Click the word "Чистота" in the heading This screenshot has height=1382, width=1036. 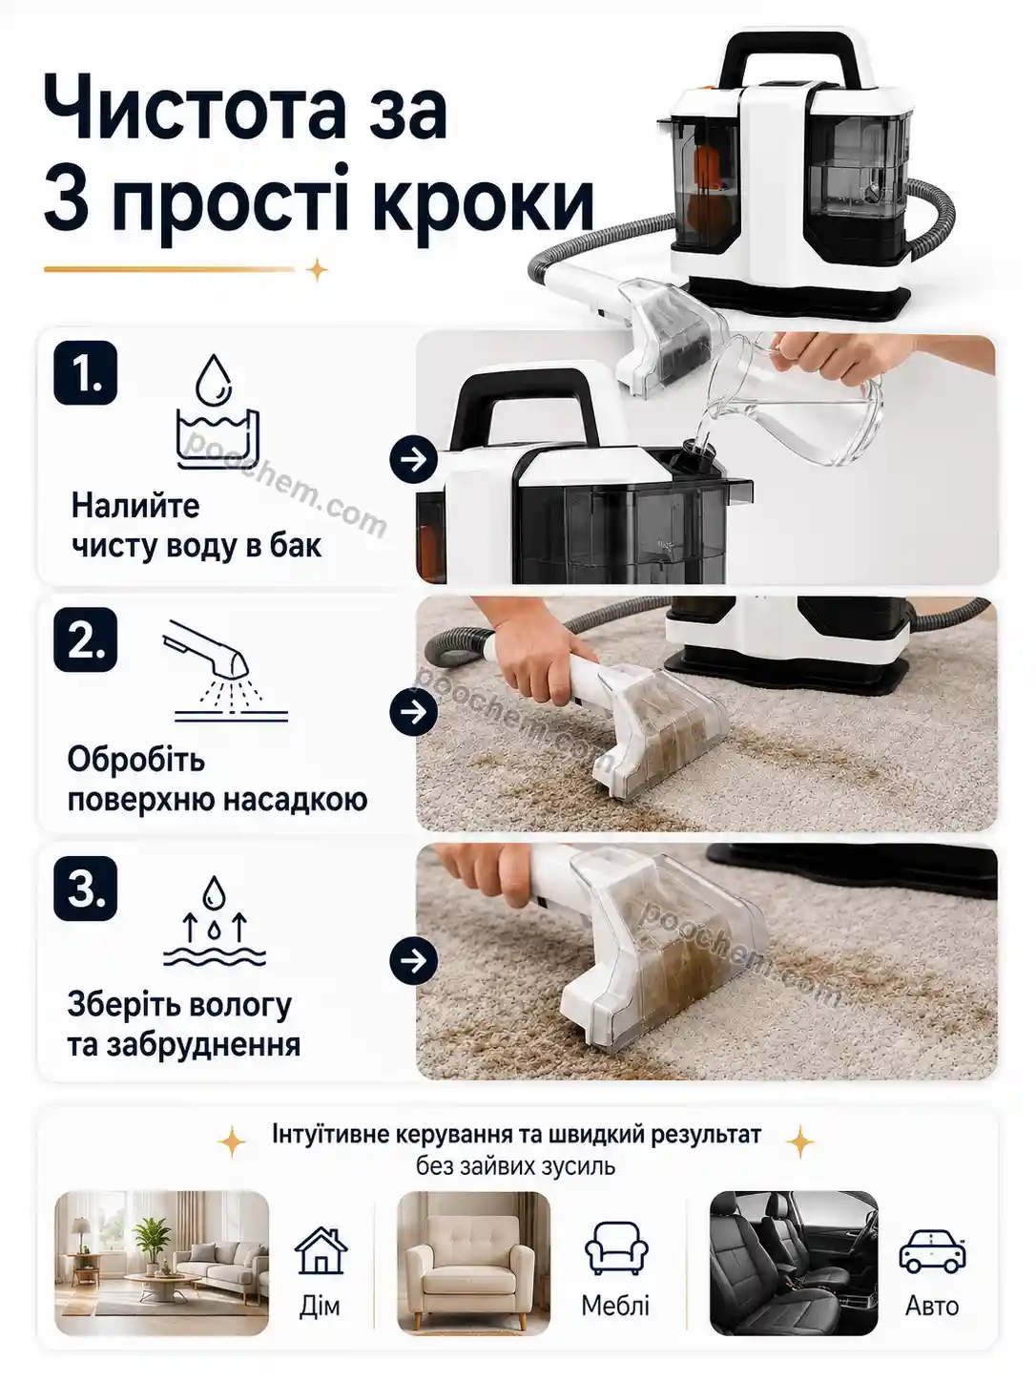(195, 107)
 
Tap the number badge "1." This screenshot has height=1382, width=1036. (86, 373)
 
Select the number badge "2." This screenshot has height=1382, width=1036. (86, 640)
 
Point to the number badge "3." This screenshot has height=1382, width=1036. (86, 889)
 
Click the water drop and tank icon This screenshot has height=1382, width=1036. (217, 411)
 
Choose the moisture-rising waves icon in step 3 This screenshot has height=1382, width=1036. (215, 921)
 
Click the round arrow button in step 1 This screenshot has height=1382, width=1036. (413, 460)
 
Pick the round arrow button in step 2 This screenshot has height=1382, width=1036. (413, 711)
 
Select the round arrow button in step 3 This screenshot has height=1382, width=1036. (413, 961)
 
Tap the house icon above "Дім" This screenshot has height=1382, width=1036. (321, 1250)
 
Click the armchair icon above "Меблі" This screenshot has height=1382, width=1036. (616, 1247)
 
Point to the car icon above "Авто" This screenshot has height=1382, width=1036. (932, 1251)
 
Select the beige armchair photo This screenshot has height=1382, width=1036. (474, 1264)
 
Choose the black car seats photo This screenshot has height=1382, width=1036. (794, 1264)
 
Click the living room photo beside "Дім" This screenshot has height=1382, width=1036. (161, 1264)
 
